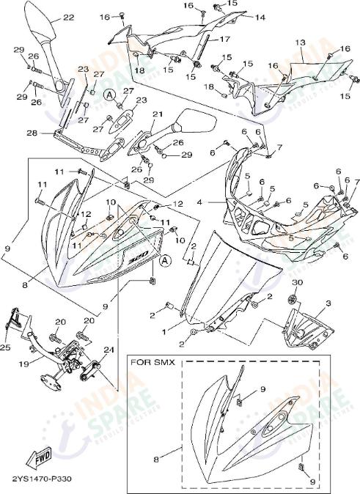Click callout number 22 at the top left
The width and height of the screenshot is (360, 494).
[x=67, y=17]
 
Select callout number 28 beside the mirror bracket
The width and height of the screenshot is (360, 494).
[x=31, y=133]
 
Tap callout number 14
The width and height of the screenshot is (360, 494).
[x=260, y=18]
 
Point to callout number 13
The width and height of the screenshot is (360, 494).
[x=300, y=43]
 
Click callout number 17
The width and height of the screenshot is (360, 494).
[x=225, y=38]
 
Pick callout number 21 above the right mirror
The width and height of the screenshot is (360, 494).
[x=157, y=114]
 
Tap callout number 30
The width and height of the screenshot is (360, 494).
[x=297, y=282]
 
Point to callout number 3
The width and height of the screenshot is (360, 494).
[x=328, y=302]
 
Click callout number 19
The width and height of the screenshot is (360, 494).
[x=23, y=363]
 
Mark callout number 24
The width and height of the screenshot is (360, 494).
[x=109, y=350]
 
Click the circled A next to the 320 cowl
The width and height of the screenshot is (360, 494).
[x=166, y=259]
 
